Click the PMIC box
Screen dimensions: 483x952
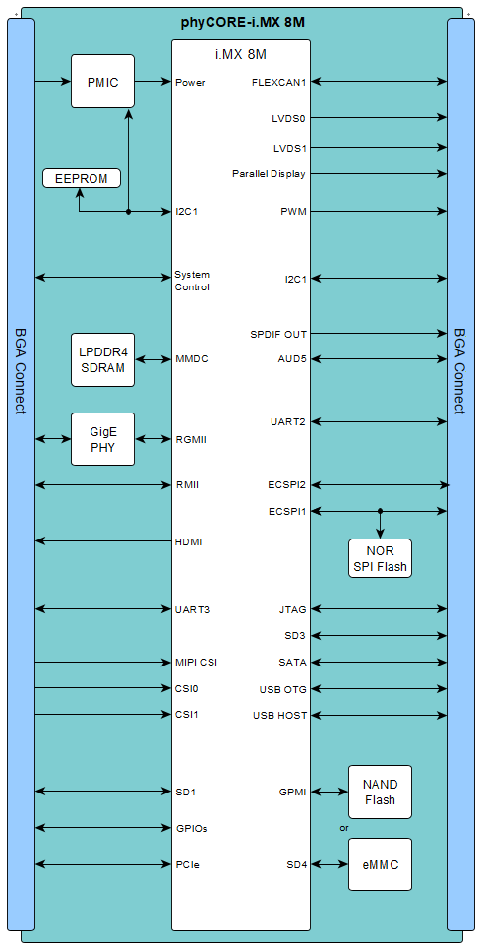[x=102, y=82]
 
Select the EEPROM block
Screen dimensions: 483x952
[x=82, y=178]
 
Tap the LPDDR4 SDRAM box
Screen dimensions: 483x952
[x=102, y=359]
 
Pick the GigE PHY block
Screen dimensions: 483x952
[x=102, y=439]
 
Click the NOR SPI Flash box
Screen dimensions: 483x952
[x=380, y=558]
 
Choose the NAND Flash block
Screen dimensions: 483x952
[x=380, y=792]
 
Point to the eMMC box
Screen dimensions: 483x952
[x=380, y=864]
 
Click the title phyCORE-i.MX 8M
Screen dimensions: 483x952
[x=242, y=23]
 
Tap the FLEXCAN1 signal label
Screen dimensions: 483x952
[x=279, y=82]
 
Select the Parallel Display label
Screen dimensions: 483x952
[x=269, y=174]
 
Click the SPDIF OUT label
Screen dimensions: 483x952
[x=278, y=334]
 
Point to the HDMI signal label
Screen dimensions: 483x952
[x=188, y=541]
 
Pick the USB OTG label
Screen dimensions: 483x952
[x=282, y=689]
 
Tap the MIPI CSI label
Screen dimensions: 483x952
[x=196, y=662]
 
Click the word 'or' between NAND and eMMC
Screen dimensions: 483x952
[x=344, y=828]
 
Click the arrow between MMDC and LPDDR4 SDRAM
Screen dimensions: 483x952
[x=152, y=359]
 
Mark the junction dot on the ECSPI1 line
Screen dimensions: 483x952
[x=380, y=511]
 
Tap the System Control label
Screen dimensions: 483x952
[x=192, y=281]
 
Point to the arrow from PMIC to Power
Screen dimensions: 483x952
[x=152, y=82]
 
